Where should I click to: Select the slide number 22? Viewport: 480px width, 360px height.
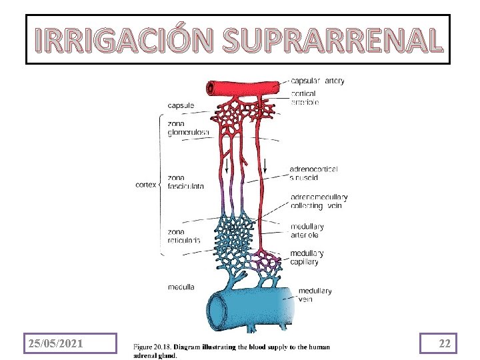click(445, 343)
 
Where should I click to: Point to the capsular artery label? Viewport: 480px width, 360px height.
click(317, 81)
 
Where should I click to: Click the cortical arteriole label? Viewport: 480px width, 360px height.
click(305, 98)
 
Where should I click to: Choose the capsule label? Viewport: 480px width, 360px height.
click(181, 105)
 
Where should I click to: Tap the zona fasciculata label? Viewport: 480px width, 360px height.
click(186, 182)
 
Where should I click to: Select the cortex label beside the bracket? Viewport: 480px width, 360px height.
click(146, 185)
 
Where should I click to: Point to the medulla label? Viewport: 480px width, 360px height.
click(181, 287)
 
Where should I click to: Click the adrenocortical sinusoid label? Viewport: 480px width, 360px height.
click(313, 173)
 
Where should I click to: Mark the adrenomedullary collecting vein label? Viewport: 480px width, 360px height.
click(318, 201)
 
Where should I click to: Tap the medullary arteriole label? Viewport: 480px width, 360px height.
click(307, 231)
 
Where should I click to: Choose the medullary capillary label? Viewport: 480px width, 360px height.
click(307, 257)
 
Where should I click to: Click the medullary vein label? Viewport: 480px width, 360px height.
click(315, 295)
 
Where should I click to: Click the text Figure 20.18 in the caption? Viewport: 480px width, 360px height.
click(153, 347)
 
